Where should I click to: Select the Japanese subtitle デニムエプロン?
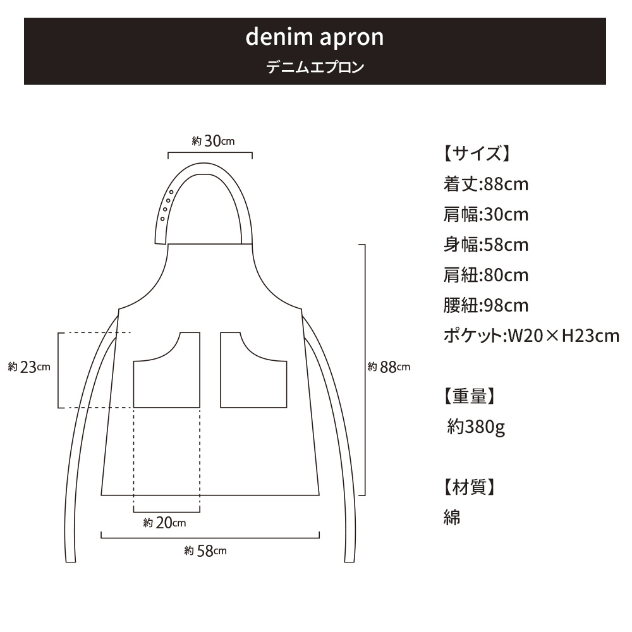pyautogui.click(x=315, y=67)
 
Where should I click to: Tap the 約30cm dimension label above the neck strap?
pyautogui.click(x=213, y=141)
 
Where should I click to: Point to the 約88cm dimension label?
pyautogui.click(x=389, y=367)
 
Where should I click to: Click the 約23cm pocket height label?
pyautogui.click(x=29, y=367)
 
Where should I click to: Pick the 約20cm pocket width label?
pyautogui.click(x=164, y=523)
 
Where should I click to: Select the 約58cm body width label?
pyautogui.click(x=205, y=550)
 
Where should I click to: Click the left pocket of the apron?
pyautogui.click(x=167, y=383)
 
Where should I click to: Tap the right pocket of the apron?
pyautogui.click(x=253, y=383)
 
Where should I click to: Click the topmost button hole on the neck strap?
pyautogui.click(x=171, y=192)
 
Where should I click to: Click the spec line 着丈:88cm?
pyautogui.click(x=486, y=184)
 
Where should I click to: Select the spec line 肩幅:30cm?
pyautogui.click(x=486, y=214)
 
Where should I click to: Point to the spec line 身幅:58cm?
pyautogui.click(x=486, y=245)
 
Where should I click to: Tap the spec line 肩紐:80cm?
pyautogui.click(x=486, y=275)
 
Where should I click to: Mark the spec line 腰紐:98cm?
pyautogui.click(x=486, y=305)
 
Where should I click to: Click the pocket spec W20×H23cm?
pyautogui.click(x=563, y=336)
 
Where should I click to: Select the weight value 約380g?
pyautogui.click(x=476, y=427)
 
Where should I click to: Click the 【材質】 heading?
pyautogui.click(x=469, y=487)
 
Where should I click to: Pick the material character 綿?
pyautogui.click(x=452, y=517)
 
